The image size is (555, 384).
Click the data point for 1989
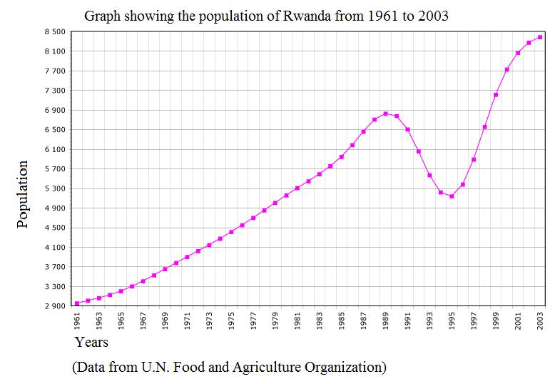[x=385, y=113]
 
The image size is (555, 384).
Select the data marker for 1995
[x=452, y=196]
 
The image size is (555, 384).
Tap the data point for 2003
[x=540, y=37]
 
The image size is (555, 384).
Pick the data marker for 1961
[x=77, y=303]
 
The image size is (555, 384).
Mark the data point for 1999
[x=496, y=94]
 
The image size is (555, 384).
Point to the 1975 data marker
[x=231, y=232]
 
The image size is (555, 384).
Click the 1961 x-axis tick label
[x=77, y=320]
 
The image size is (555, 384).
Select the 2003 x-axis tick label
[x=540, y=320]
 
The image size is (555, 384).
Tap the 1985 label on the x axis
[x=342, y=320]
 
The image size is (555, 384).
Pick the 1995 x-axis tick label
[x=452, y=320]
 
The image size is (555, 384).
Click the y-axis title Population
[x=22, y=194]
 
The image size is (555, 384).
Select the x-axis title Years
[x=91, y=343]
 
